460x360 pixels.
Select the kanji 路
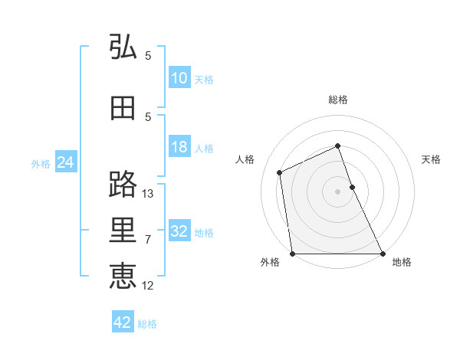point(123,185)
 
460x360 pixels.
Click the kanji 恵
point(123,277)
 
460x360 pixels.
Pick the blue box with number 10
point(179,78)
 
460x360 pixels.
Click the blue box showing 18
point(179,147)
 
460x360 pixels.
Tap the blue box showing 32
point(179,231)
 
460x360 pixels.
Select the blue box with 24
point(65,162)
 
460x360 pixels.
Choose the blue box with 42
point(123,322)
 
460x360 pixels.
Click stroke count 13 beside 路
point(149,194)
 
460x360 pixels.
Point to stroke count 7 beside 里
point(148,240)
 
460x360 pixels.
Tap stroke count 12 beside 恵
point(149,286)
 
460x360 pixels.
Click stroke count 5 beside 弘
point(148,56)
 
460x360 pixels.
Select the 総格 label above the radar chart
point(338,100)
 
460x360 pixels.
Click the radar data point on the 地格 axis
point(383,254)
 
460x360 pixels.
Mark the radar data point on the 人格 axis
point(280,172)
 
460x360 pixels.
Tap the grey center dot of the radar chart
point(338,191)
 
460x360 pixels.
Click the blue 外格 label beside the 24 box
point(41,163)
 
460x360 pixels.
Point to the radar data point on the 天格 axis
point(352,187)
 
